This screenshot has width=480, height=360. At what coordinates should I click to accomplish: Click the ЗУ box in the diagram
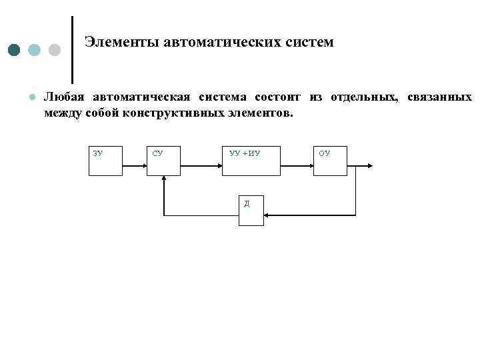[x=106, y=161]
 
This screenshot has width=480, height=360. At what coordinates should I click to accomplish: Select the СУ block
[x=163, y=161]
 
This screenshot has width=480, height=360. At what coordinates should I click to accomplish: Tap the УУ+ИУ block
[x=251, y=161]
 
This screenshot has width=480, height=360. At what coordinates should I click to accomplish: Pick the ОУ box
[x=330, y=161]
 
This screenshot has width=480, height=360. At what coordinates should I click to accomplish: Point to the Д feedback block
[x=251, y=209]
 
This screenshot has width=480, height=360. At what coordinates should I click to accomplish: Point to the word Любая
[x=63, y=97]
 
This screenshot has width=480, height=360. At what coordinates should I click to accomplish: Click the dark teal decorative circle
[x=15, y=51]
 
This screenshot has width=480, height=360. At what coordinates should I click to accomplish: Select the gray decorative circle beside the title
[x=55, y=51]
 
